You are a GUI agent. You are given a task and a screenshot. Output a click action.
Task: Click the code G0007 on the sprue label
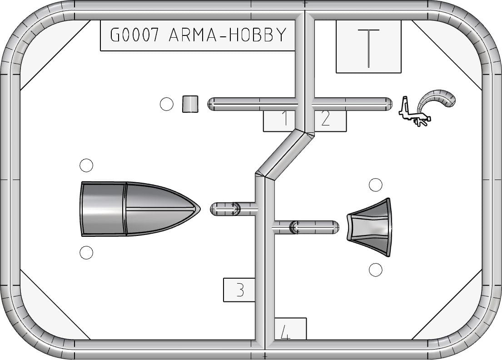(134, 35)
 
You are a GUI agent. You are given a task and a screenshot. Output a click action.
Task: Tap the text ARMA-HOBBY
(227, 35)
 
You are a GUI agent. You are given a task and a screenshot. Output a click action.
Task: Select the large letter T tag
(368, 47)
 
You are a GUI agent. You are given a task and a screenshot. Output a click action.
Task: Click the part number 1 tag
(279, 121)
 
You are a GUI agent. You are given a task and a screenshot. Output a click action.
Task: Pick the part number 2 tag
(330, 121)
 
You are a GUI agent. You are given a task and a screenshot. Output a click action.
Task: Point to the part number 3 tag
(239, 290)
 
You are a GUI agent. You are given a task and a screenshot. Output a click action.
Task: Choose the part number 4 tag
(290, 329)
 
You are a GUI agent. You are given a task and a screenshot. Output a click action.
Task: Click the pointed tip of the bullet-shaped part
(200, 209)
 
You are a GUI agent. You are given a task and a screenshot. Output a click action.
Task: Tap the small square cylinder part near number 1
(190, 104)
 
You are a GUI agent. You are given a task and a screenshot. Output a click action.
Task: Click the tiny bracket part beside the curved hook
(413, 113)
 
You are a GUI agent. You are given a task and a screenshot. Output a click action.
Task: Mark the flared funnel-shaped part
(370, 227)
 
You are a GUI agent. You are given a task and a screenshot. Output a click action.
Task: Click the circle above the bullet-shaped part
(86, 165)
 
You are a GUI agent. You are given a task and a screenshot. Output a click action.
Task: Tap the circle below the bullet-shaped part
(86, 252)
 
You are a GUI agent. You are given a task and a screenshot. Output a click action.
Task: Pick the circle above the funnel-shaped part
(376, 185)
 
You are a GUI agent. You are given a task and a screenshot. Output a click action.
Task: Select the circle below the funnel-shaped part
(376, 270)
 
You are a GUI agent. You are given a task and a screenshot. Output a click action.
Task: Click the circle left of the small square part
(166, 104)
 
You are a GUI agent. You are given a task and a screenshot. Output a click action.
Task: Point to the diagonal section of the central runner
(285, 154)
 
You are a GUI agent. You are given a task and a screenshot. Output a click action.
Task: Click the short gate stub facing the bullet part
(233, 209)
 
